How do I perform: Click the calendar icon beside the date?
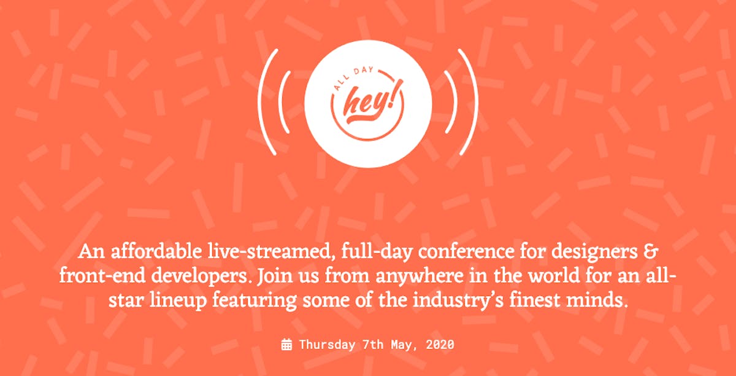click(286, 345)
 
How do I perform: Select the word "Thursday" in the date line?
click(327, 345)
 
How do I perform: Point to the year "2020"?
click(440, 345)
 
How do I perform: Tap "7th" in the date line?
click(373, 345)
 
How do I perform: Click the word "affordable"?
click(156, 252)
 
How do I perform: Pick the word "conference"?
click(467, 252)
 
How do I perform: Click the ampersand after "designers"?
click(650, 252)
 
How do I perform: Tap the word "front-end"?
click(102, 276)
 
